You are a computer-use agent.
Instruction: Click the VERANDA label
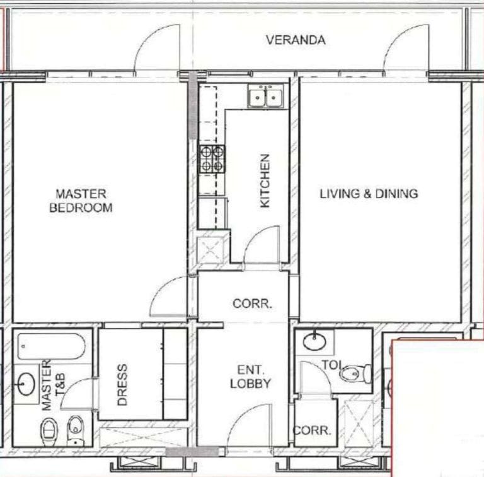pyautogui.click(x=296, y=40)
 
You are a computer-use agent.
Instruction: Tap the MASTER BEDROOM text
pyautogui.click(x=81, y=201)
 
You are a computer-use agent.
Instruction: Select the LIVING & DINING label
pyautogui.click(x=368, y=194)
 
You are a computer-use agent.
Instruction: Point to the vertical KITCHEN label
pyautogui.click(x=265, y=181)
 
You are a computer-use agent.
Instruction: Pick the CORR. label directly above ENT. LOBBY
pyautogui.click(x=252, y=303)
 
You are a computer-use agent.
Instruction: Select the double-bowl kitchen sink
pyautogui.click(x=265, y=97)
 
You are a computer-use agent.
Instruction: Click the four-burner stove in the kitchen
pyautogui.click(x=212, y=159)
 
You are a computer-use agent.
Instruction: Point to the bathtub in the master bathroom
pyautogui.click(x=52, y=346)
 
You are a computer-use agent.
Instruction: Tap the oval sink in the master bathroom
pyautogui.click(x=26, y=383)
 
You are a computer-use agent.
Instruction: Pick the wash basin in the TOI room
pyautogui.click(x=314, y=342)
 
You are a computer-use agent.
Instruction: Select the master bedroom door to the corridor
pyautogui.click(x=169, y=298)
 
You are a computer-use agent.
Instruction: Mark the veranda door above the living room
pyautogui.click(x=406, y=52)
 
